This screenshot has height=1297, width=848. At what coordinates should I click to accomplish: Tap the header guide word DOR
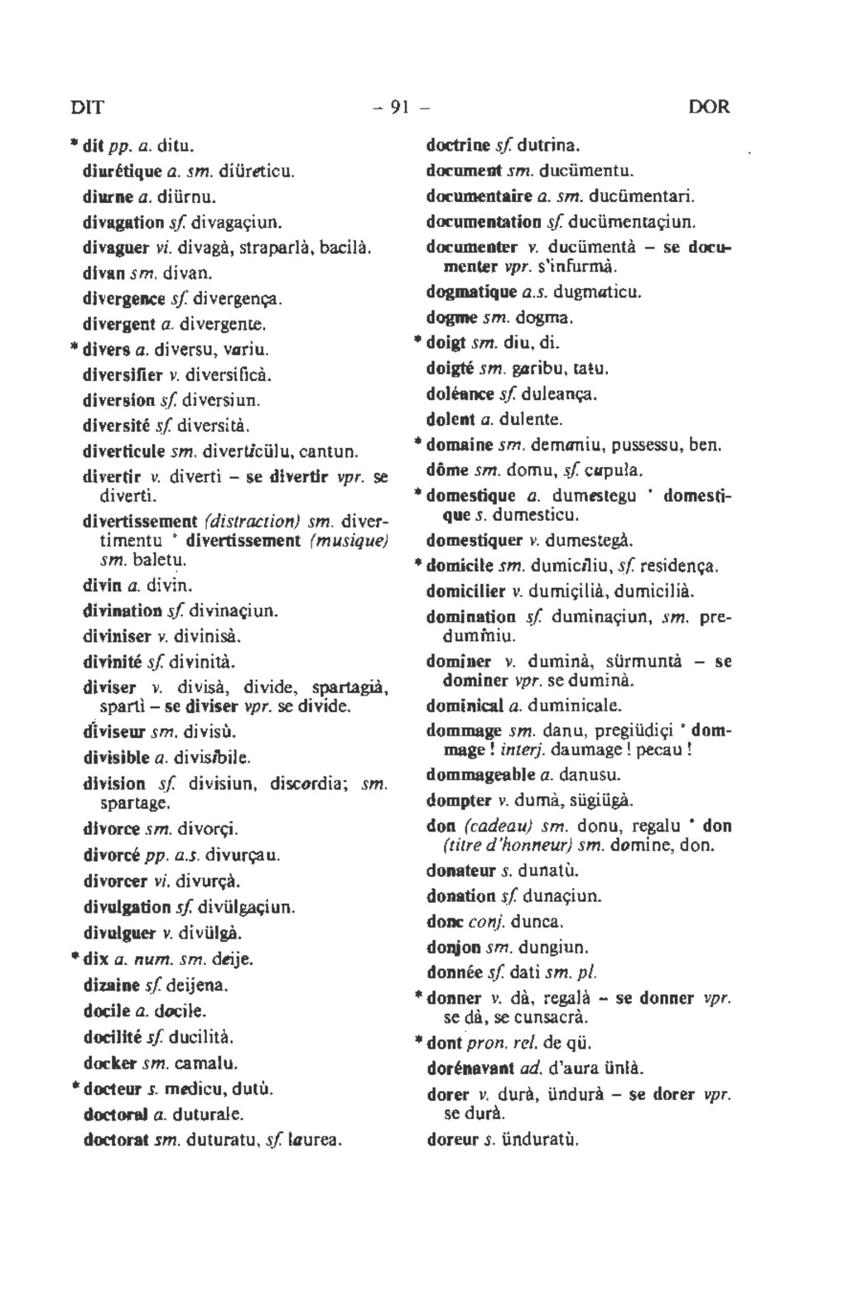coord(709,107)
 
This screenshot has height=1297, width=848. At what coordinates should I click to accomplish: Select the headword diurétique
coord(122,172)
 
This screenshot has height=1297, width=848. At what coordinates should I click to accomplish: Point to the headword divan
coord(101,272)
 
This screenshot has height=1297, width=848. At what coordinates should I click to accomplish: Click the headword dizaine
coord(112,986)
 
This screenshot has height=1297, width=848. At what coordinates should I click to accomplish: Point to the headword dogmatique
coord(467,292)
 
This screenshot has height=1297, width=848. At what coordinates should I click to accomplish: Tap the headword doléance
coord(460,394)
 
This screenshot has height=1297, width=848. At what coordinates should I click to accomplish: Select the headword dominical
coord(465,706)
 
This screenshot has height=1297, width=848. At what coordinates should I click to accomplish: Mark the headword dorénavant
coord(470,1068)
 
